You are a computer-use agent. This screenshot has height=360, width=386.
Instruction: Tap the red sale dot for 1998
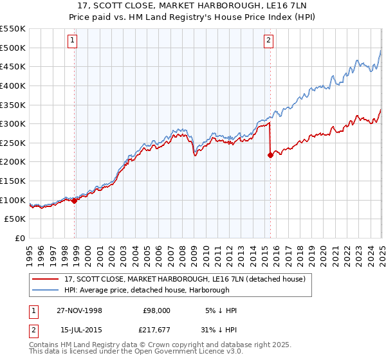point(75,201)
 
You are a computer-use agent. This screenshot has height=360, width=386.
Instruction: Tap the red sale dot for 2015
point(270,155)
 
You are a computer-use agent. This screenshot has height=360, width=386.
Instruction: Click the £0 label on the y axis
point(21,238)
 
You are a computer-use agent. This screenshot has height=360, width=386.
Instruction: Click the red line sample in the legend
point(46,279)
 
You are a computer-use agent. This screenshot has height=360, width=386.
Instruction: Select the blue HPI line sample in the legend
point(46,290)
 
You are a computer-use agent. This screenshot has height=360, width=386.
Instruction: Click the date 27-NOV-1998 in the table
point(79,310)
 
